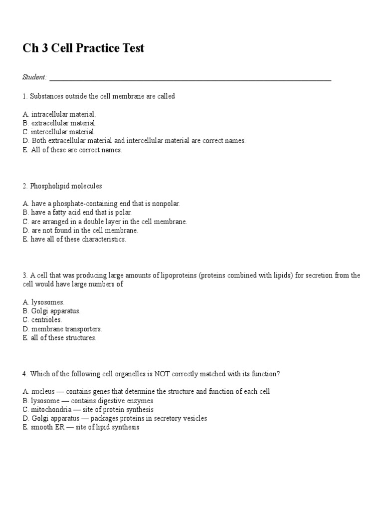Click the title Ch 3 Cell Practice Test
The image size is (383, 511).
click(83, 48)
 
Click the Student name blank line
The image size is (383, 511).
click(190, 79)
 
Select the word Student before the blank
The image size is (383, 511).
click(34, 77)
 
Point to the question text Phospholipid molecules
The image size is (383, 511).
click(65, 186)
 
